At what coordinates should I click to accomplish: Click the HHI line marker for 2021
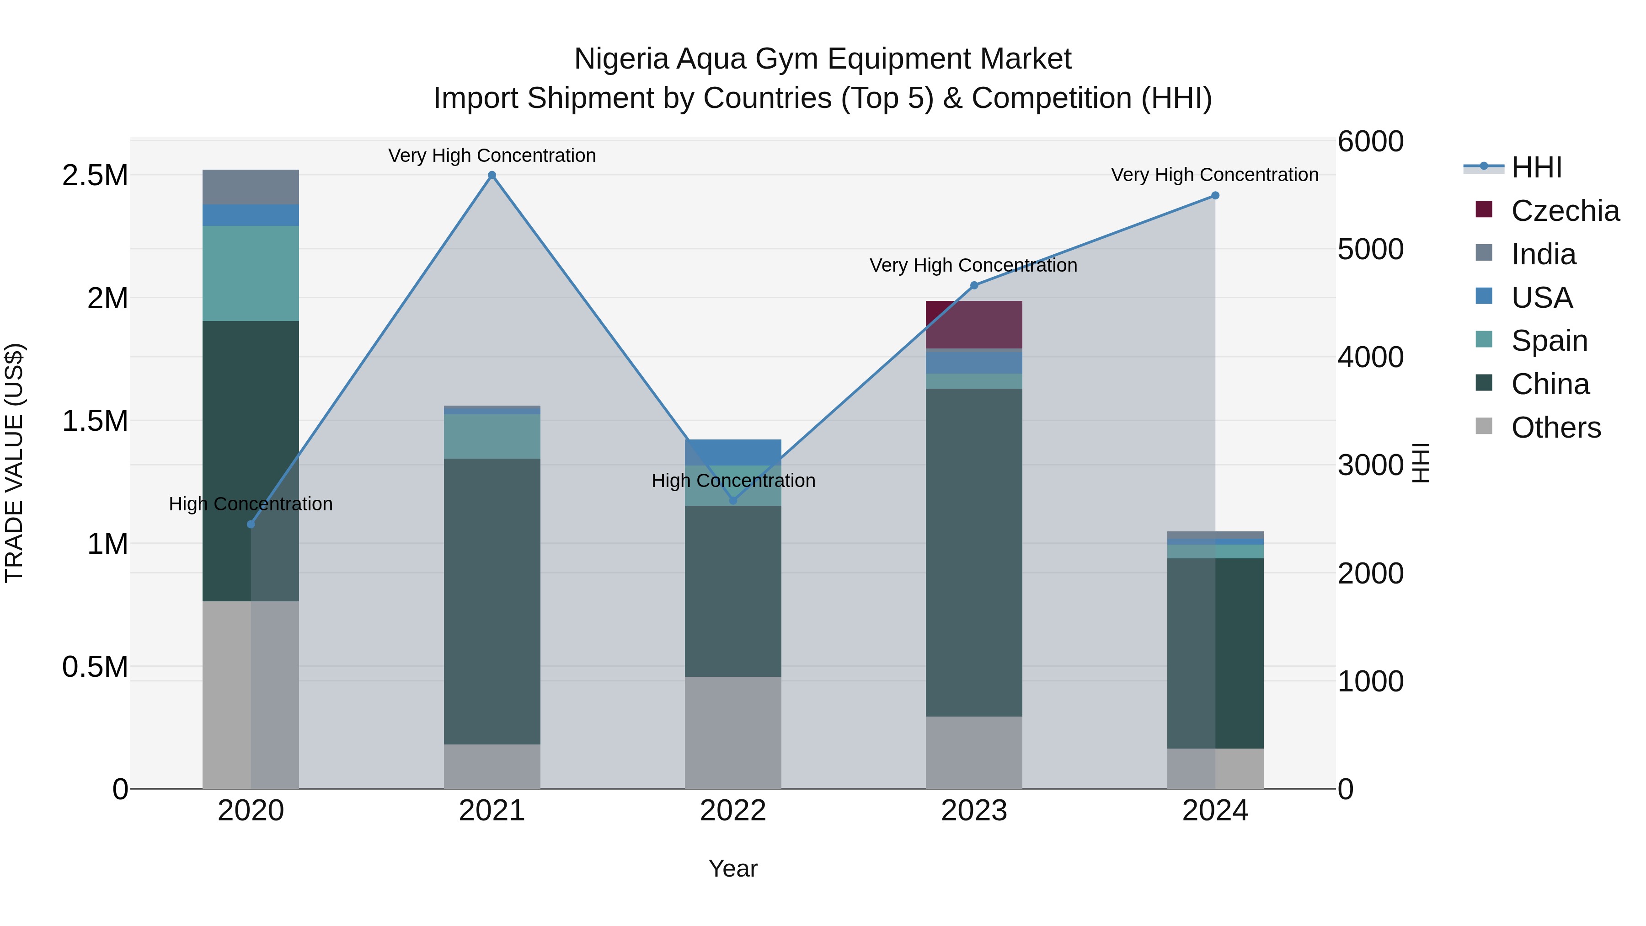pyautogui.click(x=492, y=175)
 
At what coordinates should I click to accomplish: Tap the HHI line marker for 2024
pyautogui.click(x=1215, y=196)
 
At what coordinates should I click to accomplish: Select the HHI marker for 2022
pyautogui.click(x=733, y=500)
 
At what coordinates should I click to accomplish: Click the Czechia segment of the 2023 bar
pyautogui.click(x=974, y=325)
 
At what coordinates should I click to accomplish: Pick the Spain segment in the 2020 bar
pyautogui.click(x=251, y=273)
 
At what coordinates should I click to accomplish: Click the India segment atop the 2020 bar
pyautogui.click(x=251, y=187)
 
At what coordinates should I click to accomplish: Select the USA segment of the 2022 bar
pyautogui.click(x=733, y=452)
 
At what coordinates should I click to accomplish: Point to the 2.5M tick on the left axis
pyautogui.click(x=95, y=176)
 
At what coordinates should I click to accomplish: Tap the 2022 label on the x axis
pyautogui.click(x=733, y=811)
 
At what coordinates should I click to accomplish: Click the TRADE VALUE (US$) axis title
pyautogui.click(x=14, y=463)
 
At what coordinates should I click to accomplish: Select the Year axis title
pyautogui.click(x=733, y=868)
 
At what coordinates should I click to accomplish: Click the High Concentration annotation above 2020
pyautogui.click(x=251, y=504)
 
